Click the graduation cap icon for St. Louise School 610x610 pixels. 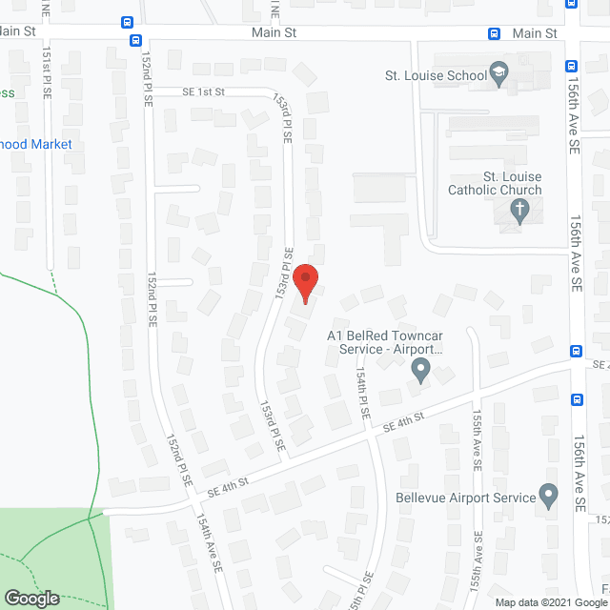pos(499,74)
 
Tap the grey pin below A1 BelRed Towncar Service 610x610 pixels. pos(420,369)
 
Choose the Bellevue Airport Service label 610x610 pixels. pos(465,498)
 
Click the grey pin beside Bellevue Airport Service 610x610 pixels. pos(548,496)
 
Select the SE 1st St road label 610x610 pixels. pos(203,92)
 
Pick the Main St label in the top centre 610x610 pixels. pos(274,33)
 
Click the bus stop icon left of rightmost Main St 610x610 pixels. pos(494,33)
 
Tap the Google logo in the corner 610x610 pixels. pos(31,598)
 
